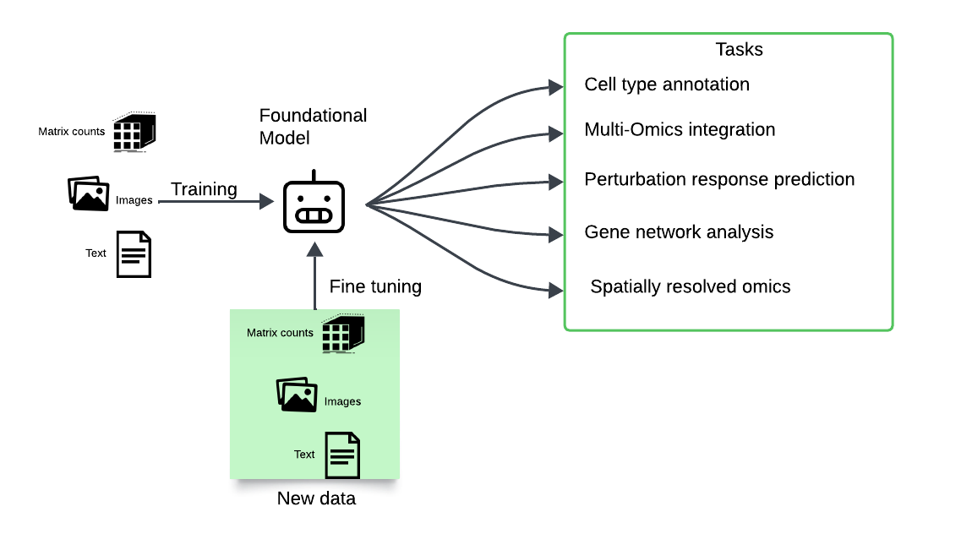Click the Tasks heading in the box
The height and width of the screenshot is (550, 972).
coord(739,50)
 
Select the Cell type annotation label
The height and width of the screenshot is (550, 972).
coord(667,85)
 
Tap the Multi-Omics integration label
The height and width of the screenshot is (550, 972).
coord(680,130)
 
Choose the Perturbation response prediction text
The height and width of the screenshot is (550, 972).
coord(719,180)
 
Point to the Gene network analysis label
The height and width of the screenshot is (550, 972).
coord(679,232)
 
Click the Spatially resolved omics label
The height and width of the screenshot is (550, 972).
coord(690,287)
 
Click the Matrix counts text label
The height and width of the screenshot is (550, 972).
coord(280,333)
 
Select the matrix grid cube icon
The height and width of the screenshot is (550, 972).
coord(342,333)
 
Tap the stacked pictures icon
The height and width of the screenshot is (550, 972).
coord(297,395)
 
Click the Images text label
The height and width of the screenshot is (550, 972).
coord(342,402)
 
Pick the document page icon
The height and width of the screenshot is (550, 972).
coord(342,455)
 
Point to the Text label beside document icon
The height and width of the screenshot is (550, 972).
coord(304,455)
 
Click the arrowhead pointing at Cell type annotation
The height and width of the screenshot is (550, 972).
coord(556,86)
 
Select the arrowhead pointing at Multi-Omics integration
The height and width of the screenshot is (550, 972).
coord(556,133)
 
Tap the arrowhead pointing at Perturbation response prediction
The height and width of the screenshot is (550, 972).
coord(556,182)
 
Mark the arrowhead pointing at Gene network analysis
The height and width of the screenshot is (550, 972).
coord(556,233)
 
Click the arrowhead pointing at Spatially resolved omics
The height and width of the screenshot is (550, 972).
coord(556,290)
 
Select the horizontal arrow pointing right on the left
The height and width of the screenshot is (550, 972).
coord(216,202)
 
